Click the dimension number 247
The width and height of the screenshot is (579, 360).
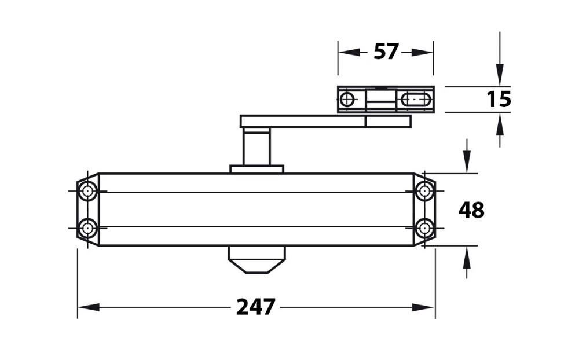(256, 307)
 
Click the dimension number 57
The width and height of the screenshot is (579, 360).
(386, 52)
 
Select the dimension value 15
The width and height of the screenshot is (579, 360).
(499, 100)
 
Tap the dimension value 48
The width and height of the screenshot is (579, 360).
(471, 210)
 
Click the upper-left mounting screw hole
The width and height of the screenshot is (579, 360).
(87, 191)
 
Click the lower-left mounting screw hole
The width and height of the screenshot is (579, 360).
(87, 227)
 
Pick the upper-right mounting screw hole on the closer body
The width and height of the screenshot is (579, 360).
(424, 191)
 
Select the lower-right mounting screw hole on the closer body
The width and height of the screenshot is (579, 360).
(424, 227)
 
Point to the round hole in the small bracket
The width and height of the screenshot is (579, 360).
(347, 100)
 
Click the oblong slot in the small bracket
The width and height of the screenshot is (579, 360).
(416, 100)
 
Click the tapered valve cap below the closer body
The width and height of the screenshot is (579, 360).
(256, 260)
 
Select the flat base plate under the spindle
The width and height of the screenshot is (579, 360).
(256, 169)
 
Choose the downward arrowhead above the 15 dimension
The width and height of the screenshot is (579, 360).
(500, 76)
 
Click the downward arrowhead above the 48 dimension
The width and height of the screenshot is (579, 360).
(467, 163)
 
